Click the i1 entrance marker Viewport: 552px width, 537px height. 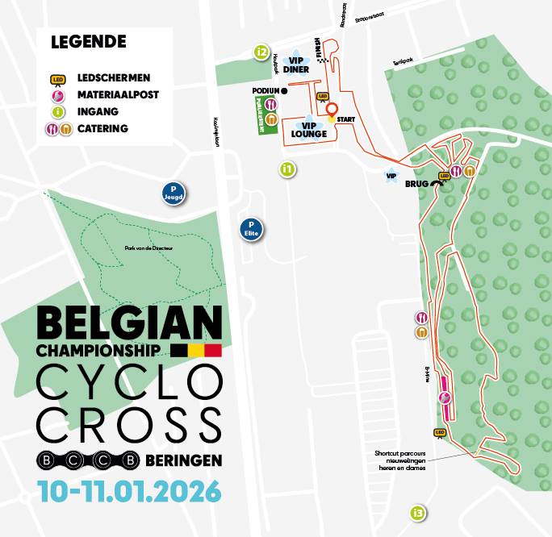pos(286,169)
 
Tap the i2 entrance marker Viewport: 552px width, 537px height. pos(260,53)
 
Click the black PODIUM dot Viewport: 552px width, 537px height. pos(285,90)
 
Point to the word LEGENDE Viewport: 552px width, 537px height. pos(89,41)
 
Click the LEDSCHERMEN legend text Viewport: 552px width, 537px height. pos(114,78)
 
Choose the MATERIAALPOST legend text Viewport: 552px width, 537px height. pos(118,95)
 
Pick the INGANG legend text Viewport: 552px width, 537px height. pos(97,112)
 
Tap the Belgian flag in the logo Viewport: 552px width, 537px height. pos(196,351)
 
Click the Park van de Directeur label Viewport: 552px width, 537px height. pos(149,248)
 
